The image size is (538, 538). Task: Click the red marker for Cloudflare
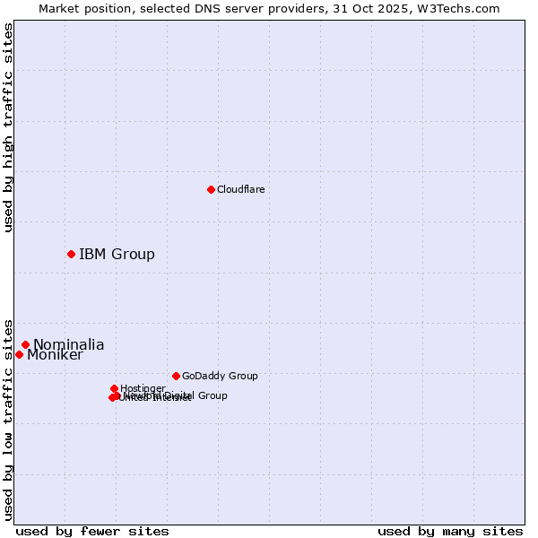tap(211, 189)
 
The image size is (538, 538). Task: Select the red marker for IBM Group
tap(71, 254)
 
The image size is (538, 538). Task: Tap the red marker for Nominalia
tap(25, 344)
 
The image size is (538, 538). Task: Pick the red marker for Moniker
tap(19, 354)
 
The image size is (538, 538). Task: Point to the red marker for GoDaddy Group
tap(176, 376)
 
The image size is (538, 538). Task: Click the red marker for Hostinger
tap(114, 388)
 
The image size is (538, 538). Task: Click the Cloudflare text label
tap(240, 189)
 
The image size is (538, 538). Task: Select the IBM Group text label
tap(117, 254)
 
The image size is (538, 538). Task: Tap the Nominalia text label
tap(68, 344)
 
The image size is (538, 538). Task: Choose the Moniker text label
tap(55, 355)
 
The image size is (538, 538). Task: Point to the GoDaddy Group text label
tap(219, 376)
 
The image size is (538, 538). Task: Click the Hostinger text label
tap(142, 388)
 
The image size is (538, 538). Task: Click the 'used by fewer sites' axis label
tap(91, 531)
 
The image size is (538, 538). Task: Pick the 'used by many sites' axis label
tap(449, 531)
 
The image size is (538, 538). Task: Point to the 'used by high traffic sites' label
tap(8, 127)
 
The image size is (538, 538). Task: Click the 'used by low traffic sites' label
tap(8, 419)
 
